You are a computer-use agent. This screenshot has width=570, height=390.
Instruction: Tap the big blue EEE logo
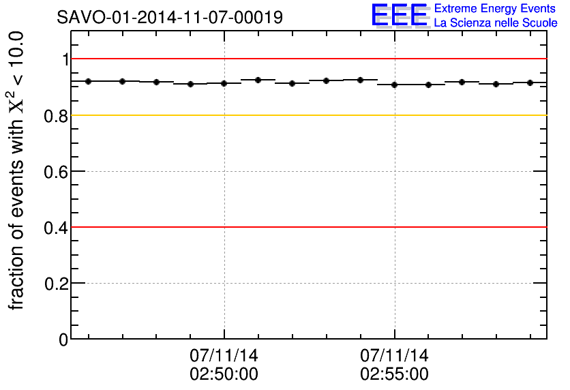click(x=400, y=15)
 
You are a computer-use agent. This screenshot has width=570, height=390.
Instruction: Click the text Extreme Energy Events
click(x=496, y=9)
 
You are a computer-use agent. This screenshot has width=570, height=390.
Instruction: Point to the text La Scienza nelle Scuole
click(x=496, y=22)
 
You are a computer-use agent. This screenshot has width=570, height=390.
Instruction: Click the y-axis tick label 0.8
click(x=57, y=115)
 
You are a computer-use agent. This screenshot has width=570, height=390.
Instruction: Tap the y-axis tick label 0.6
click(x=57, y=171)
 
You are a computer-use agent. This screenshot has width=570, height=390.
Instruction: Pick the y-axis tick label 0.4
click(x=57, y=227)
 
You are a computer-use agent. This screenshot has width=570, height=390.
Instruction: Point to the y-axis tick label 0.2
click(x=57, y=283)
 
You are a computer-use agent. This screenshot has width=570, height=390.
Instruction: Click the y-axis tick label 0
click(x=64, y=339)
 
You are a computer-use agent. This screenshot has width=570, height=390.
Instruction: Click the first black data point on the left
click(x=88, y=81)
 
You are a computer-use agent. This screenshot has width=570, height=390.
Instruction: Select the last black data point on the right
click(x=530, y=82)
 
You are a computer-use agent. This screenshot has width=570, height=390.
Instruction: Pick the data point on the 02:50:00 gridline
click(x=224, y=83)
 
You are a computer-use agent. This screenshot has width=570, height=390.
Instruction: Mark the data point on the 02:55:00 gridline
click(x=395, y=85)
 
